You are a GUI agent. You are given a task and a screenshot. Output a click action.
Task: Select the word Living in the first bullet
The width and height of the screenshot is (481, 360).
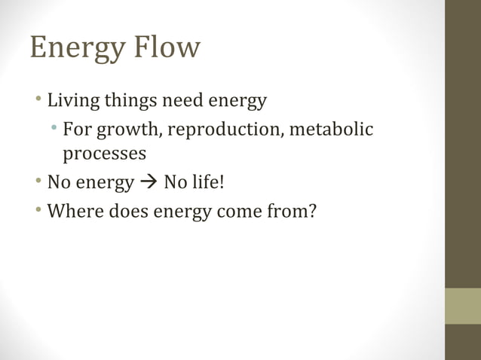coord(70,101)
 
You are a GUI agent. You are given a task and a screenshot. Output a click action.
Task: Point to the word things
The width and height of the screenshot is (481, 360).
coord(128,101)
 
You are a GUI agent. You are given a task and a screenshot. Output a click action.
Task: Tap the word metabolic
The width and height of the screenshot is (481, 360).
coord(332,130)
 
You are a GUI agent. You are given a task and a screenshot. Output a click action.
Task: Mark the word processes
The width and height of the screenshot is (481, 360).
coord(104,154)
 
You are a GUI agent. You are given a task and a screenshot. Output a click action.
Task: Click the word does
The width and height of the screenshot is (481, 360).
coord(128,212)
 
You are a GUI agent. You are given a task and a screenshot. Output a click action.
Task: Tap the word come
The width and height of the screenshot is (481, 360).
coord(239,212)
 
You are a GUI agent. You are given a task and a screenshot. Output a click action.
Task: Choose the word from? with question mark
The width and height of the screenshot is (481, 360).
coord(291,212)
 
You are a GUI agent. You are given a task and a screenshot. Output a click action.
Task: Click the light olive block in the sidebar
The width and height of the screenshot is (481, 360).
coord(462,306)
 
